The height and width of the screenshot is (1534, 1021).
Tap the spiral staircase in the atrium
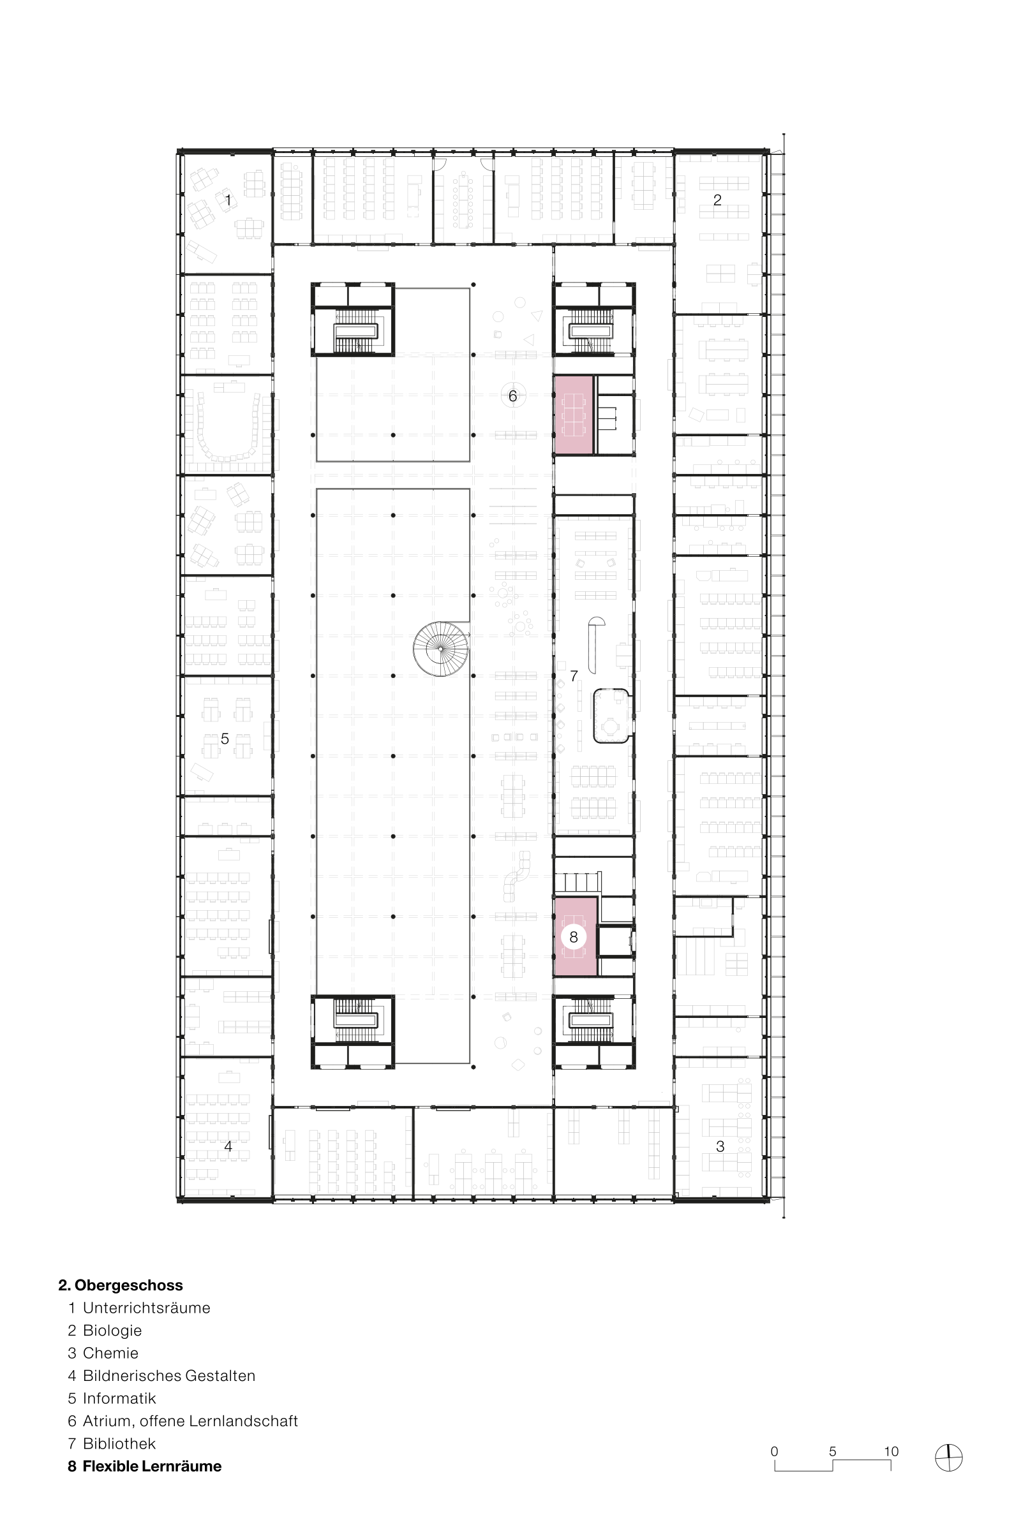coord(441,648)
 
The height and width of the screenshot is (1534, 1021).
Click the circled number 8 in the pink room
coord(574,936)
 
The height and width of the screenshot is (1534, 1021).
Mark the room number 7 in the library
coord(574,676)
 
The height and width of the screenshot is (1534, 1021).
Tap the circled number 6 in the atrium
coord(512,395)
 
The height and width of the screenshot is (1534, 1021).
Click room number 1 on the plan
coord(228,200)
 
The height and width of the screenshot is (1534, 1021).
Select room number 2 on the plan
coord(717,200)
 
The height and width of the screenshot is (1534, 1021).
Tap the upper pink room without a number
coord(574,415)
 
